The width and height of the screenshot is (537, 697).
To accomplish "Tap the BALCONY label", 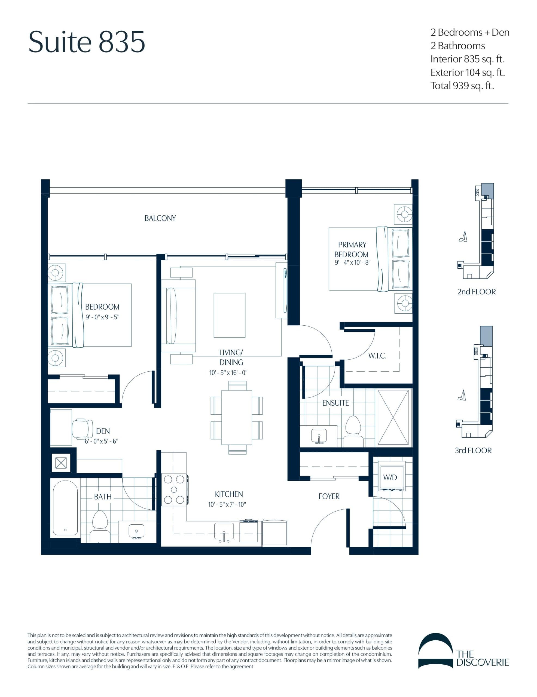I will click(160, 218).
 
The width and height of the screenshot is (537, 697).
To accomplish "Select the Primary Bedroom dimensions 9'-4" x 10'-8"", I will click(352, 263).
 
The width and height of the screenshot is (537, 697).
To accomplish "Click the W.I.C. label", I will click(377, 356).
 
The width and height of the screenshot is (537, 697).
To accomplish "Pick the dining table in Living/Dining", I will click(237, 417).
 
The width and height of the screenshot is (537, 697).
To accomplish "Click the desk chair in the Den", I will click(82, 429).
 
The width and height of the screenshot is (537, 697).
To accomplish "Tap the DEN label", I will click(103, 431).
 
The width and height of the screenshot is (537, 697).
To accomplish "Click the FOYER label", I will click(329, 496).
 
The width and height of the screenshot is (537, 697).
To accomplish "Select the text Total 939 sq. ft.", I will click(462, 86).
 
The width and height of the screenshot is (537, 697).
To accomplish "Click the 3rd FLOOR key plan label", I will click(473, 451).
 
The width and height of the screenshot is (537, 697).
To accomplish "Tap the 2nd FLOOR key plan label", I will click(476, 292).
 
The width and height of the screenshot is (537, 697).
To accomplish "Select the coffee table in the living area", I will click(229, 315).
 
